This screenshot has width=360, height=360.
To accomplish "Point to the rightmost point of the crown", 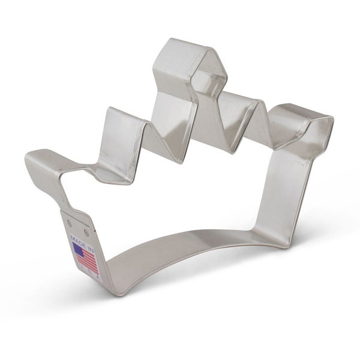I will click(x=327, y=120).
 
